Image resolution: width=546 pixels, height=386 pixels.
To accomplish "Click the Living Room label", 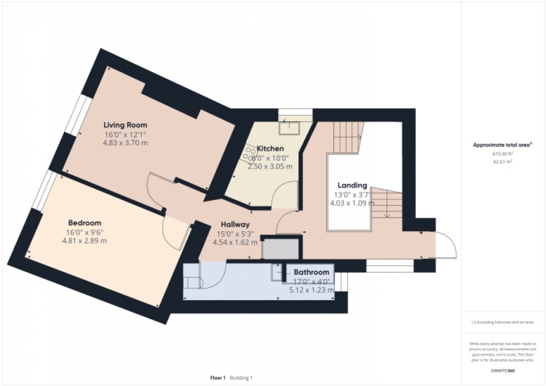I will [x=125, y=125].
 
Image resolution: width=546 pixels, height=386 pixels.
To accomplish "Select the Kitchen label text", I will [x=270, y=149].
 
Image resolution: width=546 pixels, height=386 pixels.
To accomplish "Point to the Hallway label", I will [x=235, y=224].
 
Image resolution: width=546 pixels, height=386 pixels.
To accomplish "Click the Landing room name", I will [x=352, y=185].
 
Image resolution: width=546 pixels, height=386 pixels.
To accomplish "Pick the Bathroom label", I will [x=311, y=272].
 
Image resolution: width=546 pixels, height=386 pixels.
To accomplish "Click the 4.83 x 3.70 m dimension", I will [x=125, y=143].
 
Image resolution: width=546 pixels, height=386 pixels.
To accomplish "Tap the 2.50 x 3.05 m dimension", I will [x=270, y=166].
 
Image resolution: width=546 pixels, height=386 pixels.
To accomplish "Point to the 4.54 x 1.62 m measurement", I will [x=235, y=242].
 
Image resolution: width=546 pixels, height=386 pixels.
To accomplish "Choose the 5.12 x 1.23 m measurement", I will [x=311, y=290].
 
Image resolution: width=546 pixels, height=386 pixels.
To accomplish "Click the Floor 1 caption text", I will [x=217, y=378].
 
